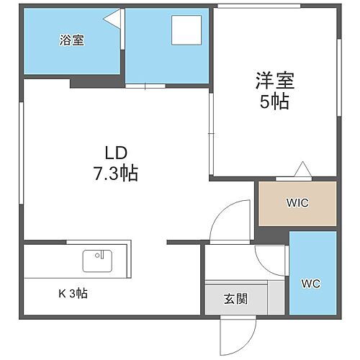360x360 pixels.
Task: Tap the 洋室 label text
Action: coord(274,79)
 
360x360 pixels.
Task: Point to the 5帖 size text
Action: coord(274,102)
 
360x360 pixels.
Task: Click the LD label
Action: coord(115,153)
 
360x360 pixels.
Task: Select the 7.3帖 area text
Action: coord(115,173)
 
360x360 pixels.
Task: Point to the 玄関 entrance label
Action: coord(235,299)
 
